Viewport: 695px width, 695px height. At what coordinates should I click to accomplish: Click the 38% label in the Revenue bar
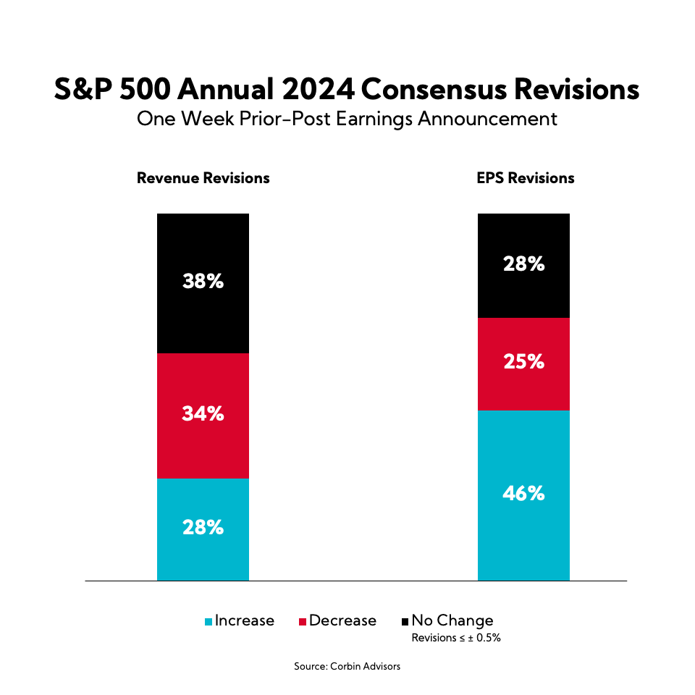click(203, 282)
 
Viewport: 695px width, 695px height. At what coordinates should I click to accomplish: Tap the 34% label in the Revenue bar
click(203, 415)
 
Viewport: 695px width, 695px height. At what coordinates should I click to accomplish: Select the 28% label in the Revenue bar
click(203, 528)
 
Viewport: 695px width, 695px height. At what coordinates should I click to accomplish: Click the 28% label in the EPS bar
click(523, 264)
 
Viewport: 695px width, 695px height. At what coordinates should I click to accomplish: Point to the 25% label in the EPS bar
click(523, 362)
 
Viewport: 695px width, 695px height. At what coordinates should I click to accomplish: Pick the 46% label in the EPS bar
click(523, 494)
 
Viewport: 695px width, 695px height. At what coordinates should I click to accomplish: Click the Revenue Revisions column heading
click(203, 178)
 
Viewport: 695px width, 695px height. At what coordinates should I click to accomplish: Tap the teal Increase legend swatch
click(209, 622)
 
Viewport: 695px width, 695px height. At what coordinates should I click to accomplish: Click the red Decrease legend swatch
click(303, 622)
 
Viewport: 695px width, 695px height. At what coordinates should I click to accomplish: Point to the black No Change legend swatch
click(405, 622)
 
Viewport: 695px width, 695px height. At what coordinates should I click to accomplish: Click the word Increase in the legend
click(245, 621)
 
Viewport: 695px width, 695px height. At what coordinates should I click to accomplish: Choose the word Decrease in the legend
click(342, 621)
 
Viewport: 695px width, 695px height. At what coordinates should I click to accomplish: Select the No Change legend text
click(452, 621)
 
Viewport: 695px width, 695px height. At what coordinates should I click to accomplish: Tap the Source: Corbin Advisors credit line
click(347, 666)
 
